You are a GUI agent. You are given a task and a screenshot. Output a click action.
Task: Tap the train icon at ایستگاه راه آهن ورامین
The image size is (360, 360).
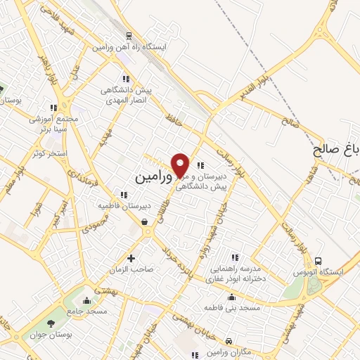(x=128, y=36)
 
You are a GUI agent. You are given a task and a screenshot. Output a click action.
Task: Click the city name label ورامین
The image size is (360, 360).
(x=149, y=176)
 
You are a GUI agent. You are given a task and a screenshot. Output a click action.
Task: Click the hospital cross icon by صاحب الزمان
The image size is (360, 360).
(x=130, y=258)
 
